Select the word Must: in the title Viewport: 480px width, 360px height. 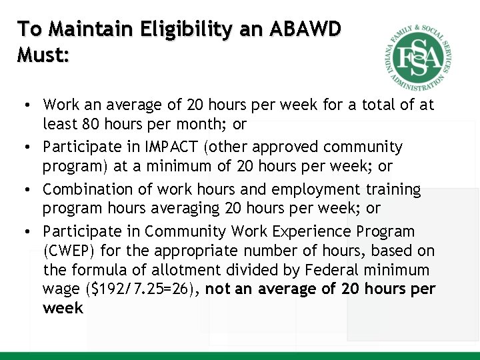pyautogui.click(x=43, y=55)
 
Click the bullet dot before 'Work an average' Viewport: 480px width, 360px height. pyautogui.click(x=24, y=105)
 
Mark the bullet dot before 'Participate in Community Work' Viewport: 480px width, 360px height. pyautogui.click(x=24, y=232)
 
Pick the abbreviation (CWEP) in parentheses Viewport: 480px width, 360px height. pyautogui.click(x=68, y=251)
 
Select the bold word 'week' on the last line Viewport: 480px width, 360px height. pyautogui.click(x=63, y=307)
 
